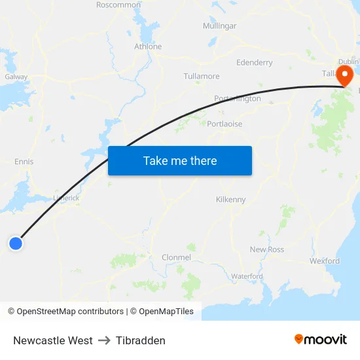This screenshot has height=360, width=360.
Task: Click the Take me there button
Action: (x=180, y=160)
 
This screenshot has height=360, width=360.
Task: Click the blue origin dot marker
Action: (x=16, y=243)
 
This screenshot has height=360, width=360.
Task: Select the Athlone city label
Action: (x=148, y=46)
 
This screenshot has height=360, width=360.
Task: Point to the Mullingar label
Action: (x=219, y=26)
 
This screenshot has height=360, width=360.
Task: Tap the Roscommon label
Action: (x=118, y=5)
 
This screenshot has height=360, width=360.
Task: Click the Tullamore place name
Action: (x=202, y=77)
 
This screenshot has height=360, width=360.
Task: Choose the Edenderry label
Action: (x=255, y=63)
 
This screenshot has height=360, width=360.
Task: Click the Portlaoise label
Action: (x=225, y=124)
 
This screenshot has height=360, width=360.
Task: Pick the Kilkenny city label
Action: (x=230, y=200)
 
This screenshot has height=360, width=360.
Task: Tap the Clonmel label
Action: (x=176, y=257)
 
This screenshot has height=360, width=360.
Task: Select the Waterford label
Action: (x=247, y=276)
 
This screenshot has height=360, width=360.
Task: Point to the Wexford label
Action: (x=325, y=261)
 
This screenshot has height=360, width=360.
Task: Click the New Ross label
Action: (x=267, y=249)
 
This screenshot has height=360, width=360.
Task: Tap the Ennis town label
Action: (x=24, y=162)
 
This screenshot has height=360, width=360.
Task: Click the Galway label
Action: (x=16, y=77)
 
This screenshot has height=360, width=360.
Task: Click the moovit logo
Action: (x=321, y=339)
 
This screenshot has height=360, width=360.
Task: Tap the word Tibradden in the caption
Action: (x=141, y=340)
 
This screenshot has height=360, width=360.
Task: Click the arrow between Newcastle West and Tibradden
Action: (x=104, y=340)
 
